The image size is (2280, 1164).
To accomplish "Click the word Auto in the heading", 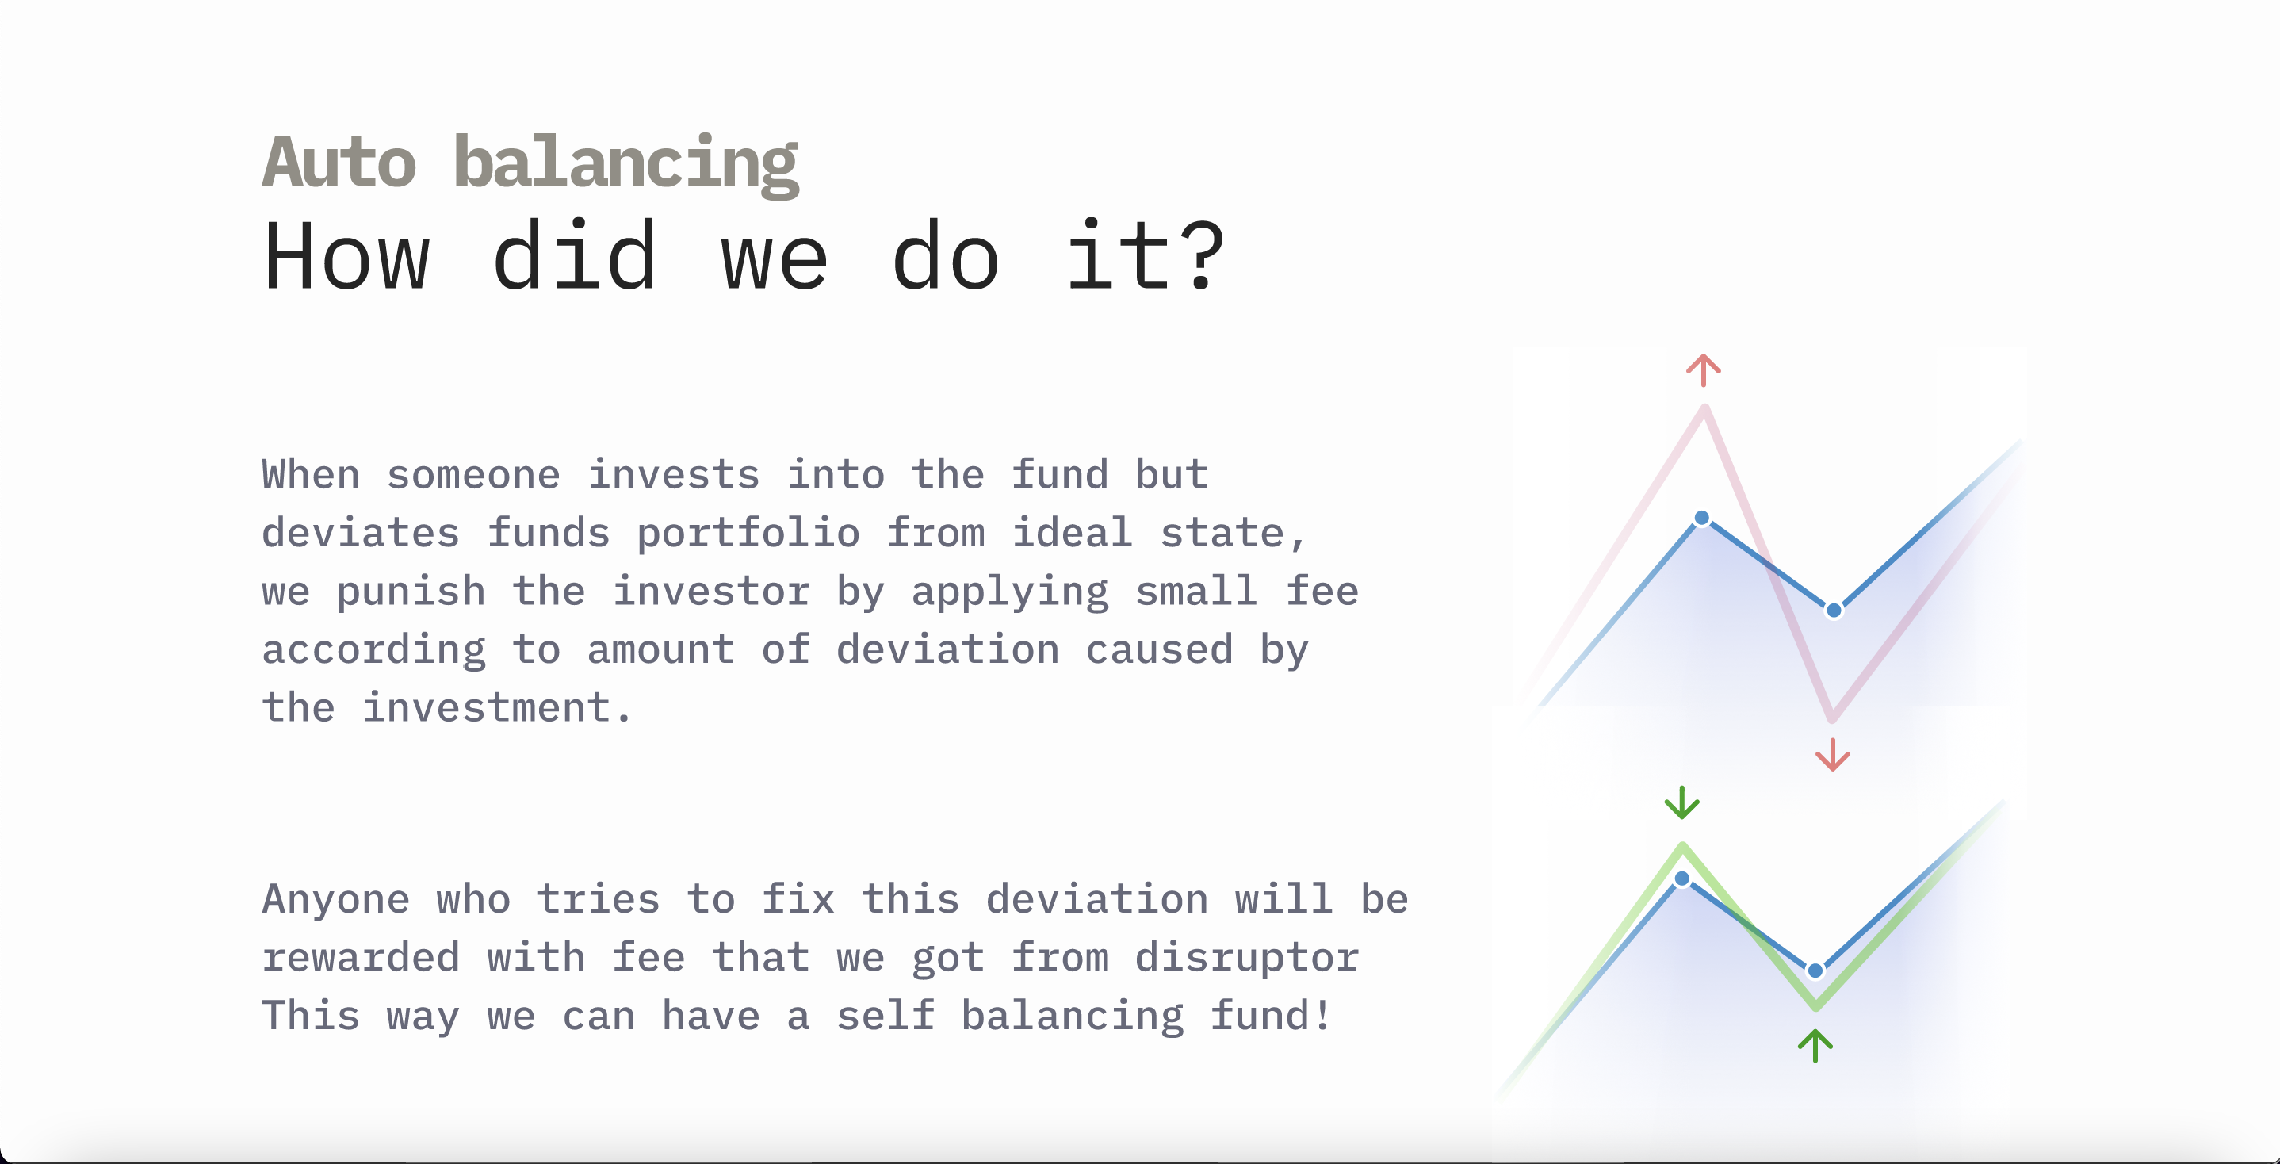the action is (339, 162).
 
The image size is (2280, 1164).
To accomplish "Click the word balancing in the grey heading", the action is (625, 165).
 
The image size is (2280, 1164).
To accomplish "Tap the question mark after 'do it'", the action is (1206, 256).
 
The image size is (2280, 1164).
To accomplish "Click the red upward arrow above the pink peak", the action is (1704, 370).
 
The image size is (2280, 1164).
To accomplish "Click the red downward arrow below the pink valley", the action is (1832, 755).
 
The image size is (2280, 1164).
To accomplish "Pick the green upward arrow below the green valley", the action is (1815, 1045).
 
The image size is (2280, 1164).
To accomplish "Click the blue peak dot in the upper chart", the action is (1702, 518).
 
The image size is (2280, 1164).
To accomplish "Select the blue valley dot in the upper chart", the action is (1834, 610).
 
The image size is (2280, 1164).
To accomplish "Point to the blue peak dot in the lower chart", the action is (1681, 878).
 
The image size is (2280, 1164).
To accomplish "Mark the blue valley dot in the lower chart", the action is (1815, 971).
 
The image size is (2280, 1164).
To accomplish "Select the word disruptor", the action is (1247, 958).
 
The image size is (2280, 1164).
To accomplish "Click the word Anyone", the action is (336, 899).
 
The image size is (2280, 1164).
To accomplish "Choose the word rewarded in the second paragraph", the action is (362, 958).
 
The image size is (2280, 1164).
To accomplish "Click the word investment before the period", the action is (487, 708).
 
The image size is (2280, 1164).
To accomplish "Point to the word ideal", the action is (1073, 533).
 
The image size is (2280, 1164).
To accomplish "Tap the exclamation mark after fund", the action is (1322, 1014).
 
